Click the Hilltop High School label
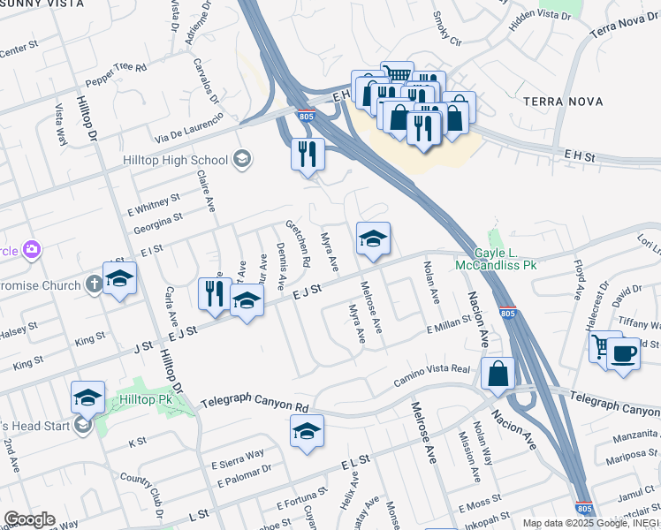[x=175, y=160]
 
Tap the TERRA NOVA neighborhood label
[x=563, y=102]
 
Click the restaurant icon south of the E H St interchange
[x=308, y=155]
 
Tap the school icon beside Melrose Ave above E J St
[x=373, y=238]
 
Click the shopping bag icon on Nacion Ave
[x=498, y=374]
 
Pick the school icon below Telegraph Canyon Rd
[x=307, y=431]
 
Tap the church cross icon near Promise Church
[x=95, y=284]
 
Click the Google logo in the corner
[x=29, y=519]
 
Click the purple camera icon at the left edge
[x=31, y=250]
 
